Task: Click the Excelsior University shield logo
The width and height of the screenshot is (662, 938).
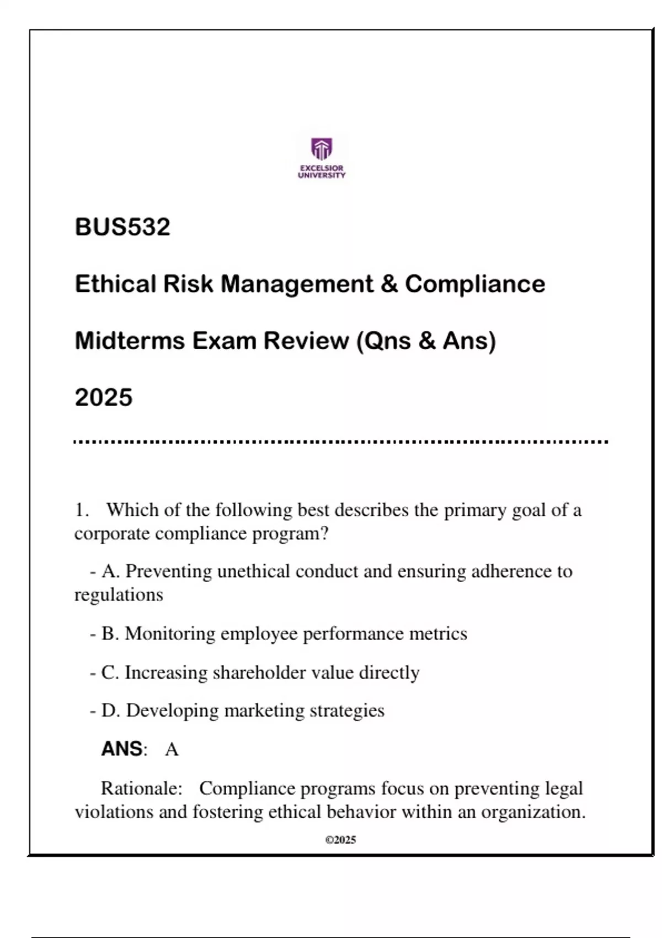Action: click(322, 148)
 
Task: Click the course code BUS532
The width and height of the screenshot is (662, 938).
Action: click(122, 227)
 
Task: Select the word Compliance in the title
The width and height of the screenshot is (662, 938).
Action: click(475, 284)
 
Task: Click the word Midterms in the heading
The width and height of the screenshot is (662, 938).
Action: click(130, 341)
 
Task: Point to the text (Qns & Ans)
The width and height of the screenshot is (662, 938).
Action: click(426, 341)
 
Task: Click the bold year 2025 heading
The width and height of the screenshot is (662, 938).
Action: click(104, 398)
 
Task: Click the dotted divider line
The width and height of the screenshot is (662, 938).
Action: click(341, 442)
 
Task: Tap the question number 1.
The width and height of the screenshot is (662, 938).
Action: click(81, 510)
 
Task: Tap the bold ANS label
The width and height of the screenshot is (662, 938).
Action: click(122, 749)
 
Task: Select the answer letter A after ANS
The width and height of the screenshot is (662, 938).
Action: click(172, 750)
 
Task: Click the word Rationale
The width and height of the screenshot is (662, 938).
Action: click(141, 788)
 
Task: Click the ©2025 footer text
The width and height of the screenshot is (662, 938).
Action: click(341, 840)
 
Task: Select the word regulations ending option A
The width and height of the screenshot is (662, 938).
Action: click(119, 595)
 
